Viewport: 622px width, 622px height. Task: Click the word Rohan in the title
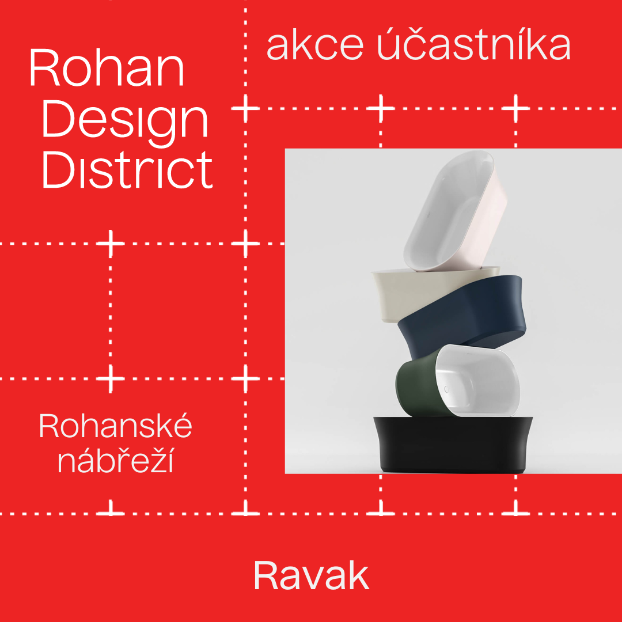click(x=107, y=67)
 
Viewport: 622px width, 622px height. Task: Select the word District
click(x=127, y=169)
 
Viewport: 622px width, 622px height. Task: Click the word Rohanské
click(x=115, y=425)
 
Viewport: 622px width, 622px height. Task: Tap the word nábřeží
click(x=116, y=460)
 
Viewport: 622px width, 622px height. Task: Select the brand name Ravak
click(x=312, y=575)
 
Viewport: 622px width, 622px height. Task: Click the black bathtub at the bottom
click(x=452, y=444)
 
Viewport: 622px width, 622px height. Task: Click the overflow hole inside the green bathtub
click(x=446, y=389)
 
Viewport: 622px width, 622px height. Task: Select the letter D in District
click(x=58, y=170)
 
